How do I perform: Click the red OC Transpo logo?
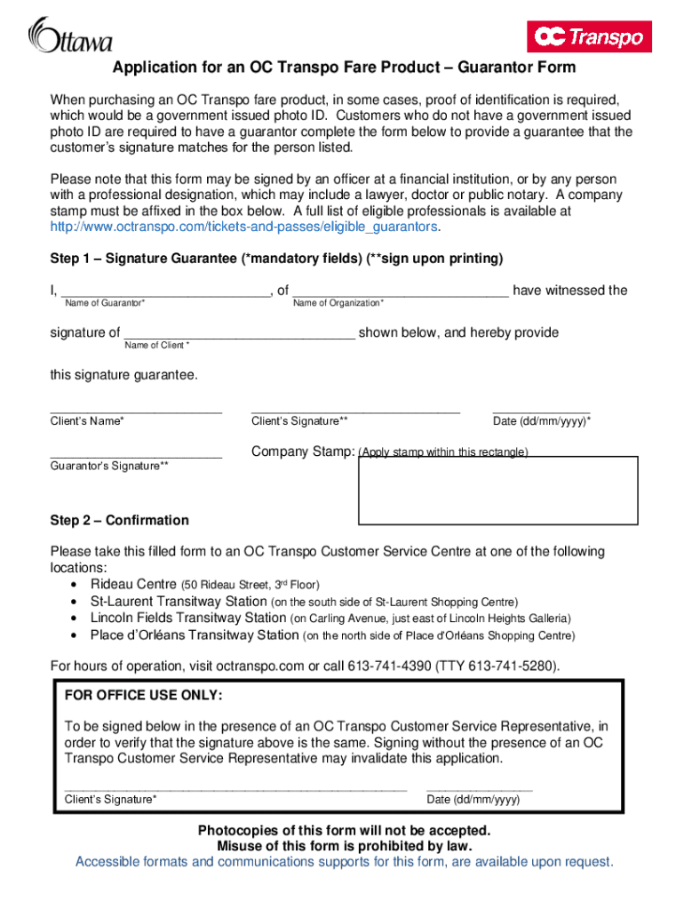click(x=590, y=36)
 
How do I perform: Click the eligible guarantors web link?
click(x=244, y=227)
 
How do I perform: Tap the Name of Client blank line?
click(x=239, y=334)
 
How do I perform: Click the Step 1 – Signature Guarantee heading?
click(x=276, y=259)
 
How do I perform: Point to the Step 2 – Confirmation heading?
click(x=119, y=520)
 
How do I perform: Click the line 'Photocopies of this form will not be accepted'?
click(x=344, y=830)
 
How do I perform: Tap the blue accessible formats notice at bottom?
click(x=344, y=861)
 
